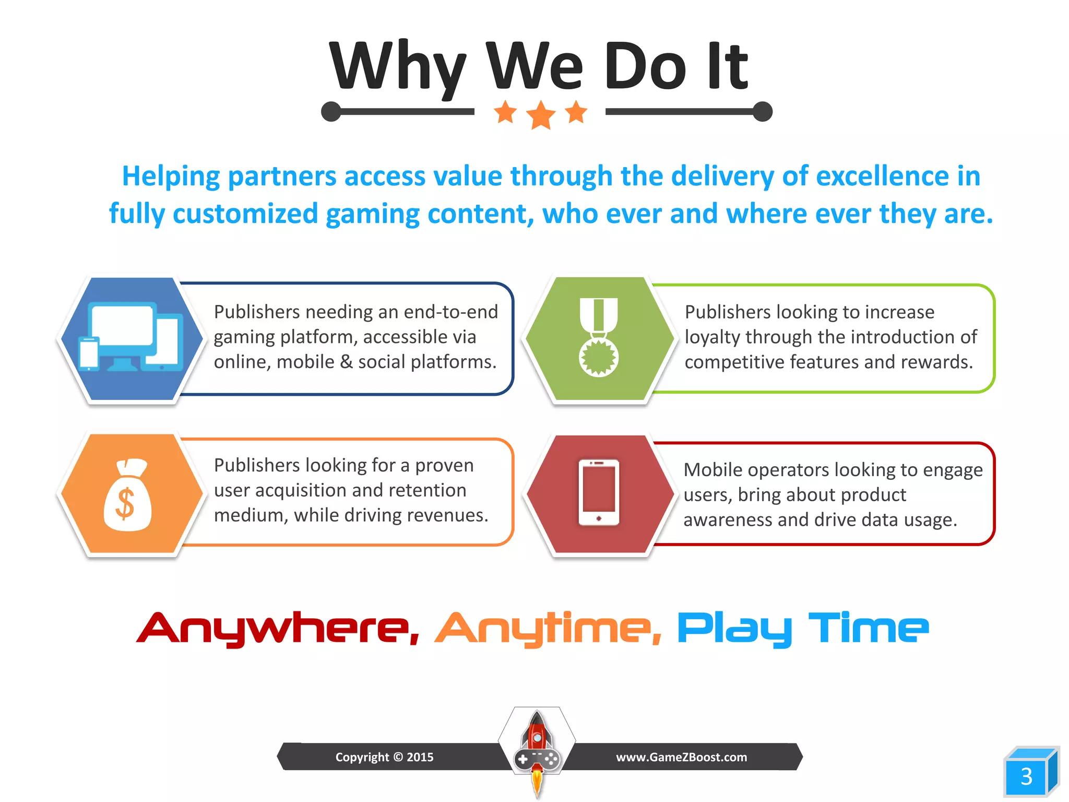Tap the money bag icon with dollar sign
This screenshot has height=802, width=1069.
[127, 496]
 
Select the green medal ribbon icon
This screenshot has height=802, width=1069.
[599, 337]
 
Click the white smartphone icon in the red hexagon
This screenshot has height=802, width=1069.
[599, 492]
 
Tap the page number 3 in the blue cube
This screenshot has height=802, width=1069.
[1026, 776]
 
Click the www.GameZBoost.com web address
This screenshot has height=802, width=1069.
[681, 757]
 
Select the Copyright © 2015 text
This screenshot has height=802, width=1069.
[384, 757]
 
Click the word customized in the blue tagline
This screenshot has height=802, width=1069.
[245, 214]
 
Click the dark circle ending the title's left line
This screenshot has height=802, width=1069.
[331, 112]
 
